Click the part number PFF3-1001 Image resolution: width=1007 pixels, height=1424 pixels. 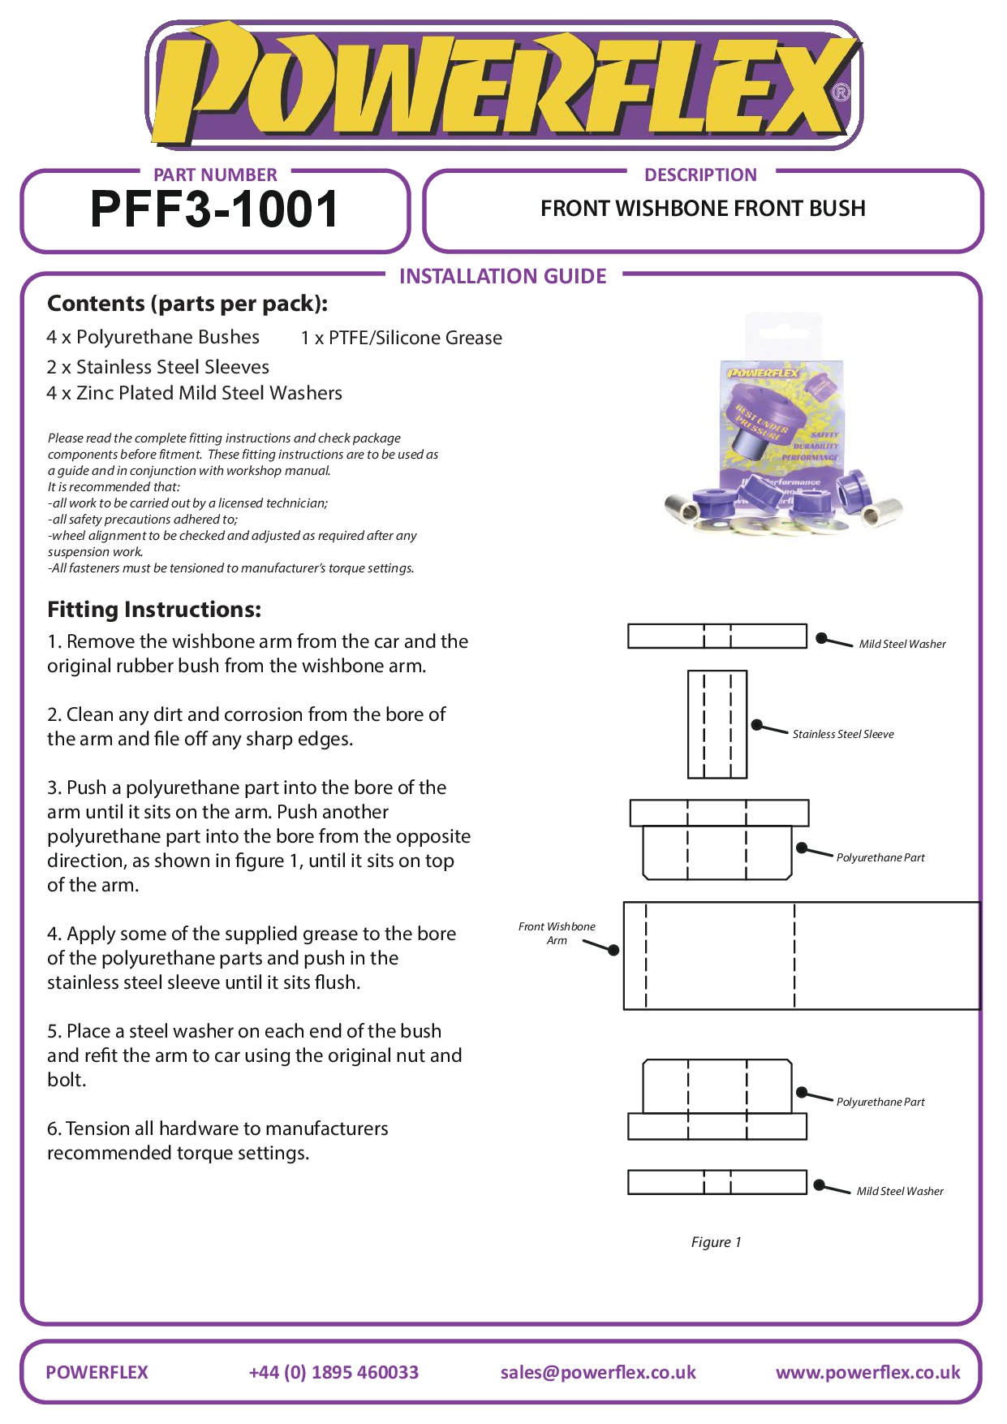pos(214,209)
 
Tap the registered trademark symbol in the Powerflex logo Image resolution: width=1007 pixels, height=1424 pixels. pos(841,93)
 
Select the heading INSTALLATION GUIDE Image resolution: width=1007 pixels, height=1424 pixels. pos(502,277)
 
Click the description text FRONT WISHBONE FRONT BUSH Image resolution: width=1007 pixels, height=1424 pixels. pos(703,209)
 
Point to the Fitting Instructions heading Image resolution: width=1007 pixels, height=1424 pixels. pos(154,610)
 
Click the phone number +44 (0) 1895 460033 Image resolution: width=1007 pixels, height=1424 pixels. pos(334,1372)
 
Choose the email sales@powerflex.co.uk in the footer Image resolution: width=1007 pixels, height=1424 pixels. pos(598,1372)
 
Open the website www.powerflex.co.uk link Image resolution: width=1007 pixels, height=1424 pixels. pos(867,1372)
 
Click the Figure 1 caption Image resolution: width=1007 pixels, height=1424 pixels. pos(716,1242)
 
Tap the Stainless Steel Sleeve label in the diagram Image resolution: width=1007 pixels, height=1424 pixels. pos(842,734)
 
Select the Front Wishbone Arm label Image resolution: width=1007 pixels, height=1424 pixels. pos(557,933)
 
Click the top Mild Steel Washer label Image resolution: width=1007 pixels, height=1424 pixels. pos(902,644)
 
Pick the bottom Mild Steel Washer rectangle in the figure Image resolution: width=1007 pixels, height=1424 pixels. pos(717,1182)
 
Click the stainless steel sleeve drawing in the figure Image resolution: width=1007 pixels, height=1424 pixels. pos(717,724)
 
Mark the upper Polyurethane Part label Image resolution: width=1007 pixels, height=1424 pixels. pos(880,857)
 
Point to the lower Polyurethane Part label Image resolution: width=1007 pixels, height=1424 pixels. pos(880,1102)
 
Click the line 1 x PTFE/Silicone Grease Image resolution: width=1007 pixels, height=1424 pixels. pos(401,338)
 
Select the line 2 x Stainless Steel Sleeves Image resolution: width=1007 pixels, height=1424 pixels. pos(157,367)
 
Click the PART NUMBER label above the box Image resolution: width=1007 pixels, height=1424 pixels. pos(215,175)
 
